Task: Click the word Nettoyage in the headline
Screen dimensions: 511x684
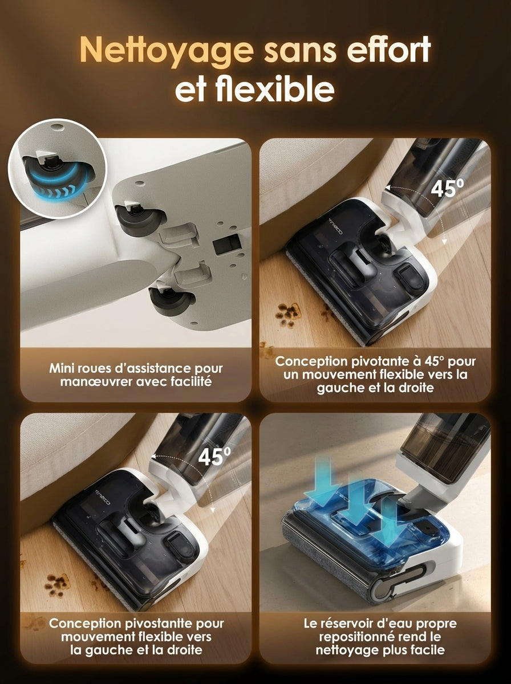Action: point(166,51)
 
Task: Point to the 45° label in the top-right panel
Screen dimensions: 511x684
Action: point(447,188)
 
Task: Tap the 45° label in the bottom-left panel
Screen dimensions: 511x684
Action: point(214,456)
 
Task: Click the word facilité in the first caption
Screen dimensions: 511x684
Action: point(193,381)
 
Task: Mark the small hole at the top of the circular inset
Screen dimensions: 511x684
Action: point(56,127)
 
